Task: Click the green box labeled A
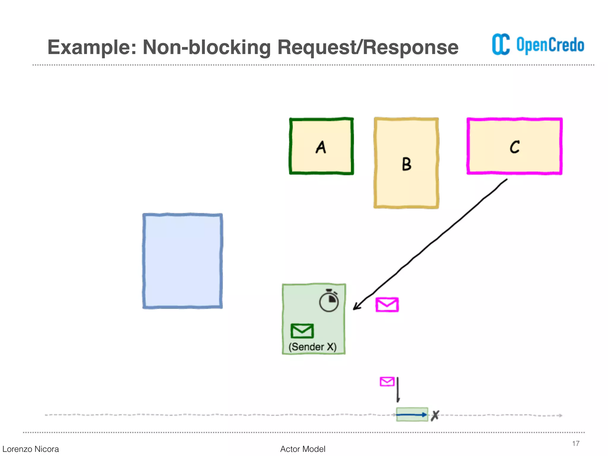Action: (322, 146)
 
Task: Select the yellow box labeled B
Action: (406, 163)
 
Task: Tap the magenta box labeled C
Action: (514, 146)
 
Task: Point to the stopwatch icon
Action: (329, 301)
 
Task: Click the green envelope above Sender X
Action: (302, 331)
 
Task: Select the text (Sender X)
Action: (313, 347)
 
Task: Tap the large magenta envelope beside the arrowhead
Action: (387, 305)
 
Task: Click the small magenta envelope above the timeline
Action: (387, 381)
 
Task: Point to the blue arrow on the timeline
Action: (411, 415)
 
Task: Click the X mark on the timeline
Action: (435, 415)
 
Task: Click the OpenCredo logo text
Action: (550, 45)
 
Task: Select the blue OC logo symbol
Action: (501, 45)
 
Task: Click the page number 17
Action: (576, 444)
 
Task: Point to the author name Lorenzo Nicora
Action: (31, 449)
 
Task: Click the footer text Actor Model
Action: (303, 449)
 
